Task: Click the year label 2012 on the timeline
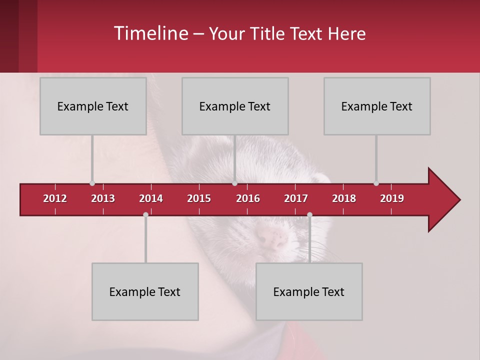point(55,198)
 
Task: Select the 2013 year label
point(103,198)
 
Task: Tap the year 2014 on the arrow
point(151,198)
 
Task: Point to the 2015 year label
point(199,198)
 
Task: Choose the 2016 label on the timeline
point(248,198)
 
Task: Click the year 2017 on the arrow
point(296,198)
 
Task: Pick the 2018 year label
point(344,198)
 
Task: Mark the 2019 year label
point(392,198)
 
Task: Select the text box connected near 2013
point(93,106)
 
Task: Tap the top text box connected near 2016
point(235,106)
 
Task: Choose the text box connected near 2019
point(377,106)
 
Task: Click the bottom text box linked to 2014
point(145,291)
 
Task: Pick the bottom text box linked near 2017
point(309,291)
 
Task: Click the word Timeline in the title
point(150,33)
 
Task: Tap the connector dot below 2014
point(145,214)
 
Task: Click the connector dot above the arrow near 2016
point(235,183)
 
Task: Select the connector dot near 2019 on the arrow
point(376,183)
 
